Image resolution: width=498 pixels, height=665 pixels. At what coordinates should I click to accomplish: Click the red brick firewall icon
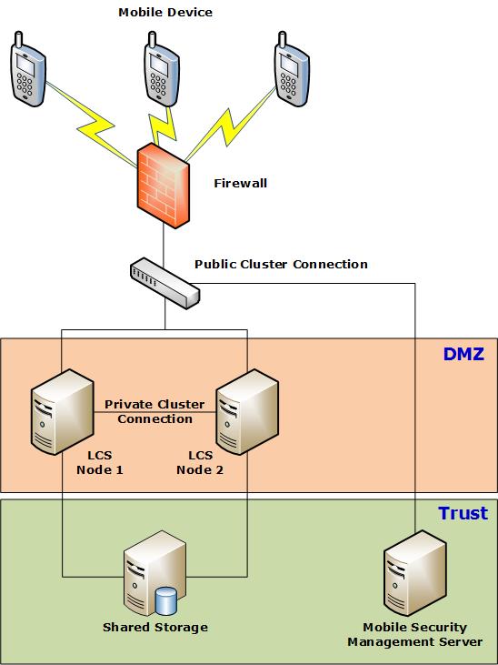pos(164,186)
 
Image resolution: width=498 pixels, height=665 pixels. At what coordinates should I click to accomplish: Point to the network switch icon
pos(164,282)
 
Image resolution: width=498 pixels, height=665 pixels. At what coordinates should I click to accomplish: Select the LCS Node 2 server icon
pos(247,411)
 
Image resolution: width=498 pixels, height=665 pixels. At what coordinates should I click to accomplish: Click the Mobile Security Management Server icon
pos(414,579)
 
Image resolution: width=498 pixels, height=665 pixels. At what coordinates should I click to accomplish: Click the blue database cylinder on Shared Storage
pos(165,601)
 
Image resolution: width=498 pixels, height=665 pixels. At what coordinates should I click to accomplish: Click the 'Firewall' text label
pos(240,184)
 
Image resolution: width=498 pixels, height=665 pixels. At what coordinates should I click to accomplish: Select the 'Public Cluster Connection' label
pos(281,265)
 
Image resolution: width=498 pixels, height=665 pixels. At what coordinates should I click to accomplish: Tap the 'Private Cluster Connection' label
pos(154,411)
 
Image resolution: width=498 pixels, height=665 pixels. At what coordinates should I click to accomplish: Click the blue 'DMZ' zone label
pos(463,355)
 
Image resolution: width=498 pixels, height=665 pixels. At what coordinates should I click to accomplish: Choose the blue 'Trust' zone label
pos(463,514)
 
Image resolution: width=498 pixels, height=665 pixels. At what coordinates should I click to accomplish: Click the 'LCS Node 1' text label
pos(99,462)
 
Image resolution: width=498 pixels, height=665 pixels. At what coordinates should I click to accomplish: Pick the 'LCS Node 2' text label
pos(200,462)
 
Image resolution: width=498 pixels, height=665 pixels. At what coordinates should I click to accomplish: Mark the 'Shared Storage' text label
pos(154,628)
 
